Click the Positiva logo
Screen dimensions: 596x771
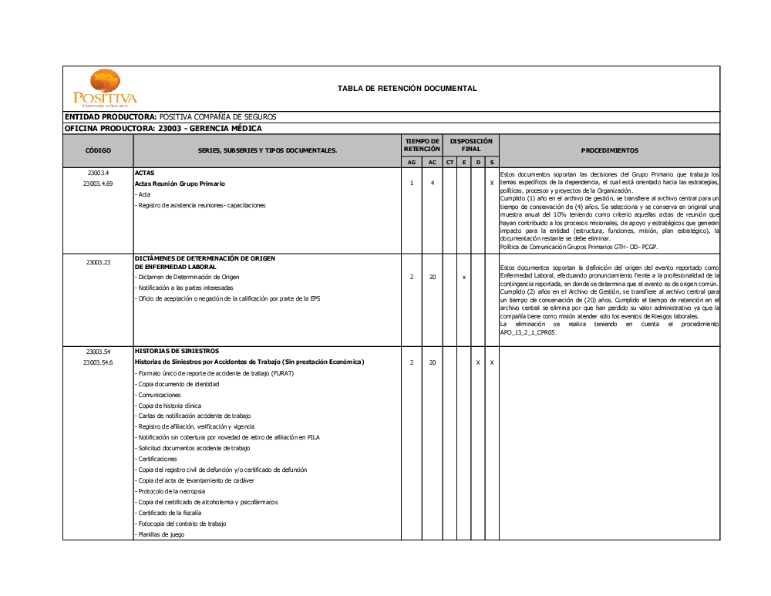(105, 88)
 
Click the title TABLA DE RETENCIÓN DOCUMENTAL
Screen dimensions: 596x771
(407, 89)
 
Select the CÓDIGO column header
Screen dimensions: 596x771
(98, 150)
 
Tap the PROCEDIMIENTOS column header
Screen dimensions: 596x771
(609, 150)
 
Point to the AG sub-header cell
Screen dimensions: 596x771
(412, 162)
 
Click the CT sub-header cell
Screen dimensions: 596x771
(450, 162)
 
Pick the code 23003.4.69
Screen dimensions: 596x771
(99, 184)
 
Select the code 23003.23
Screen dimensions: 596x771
(99, 262)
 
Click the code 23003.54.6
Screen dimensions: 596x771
(99, 362)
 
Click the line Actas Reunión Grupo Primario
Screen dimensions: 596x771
(180, 184)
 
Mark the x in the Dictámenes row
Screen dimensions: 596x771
(463, 277)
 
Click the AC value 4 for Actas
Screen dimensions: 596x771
(433, 184)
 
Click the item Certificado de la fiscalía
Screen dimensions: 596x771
(169, 513)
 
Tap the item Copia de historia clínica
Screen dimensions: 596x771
(170, 406)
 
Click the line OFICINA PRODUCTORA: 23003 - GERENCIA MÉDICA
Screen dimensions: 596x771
(163, 128)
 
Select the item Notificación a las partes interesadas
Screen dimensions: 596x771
(184, 288)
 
